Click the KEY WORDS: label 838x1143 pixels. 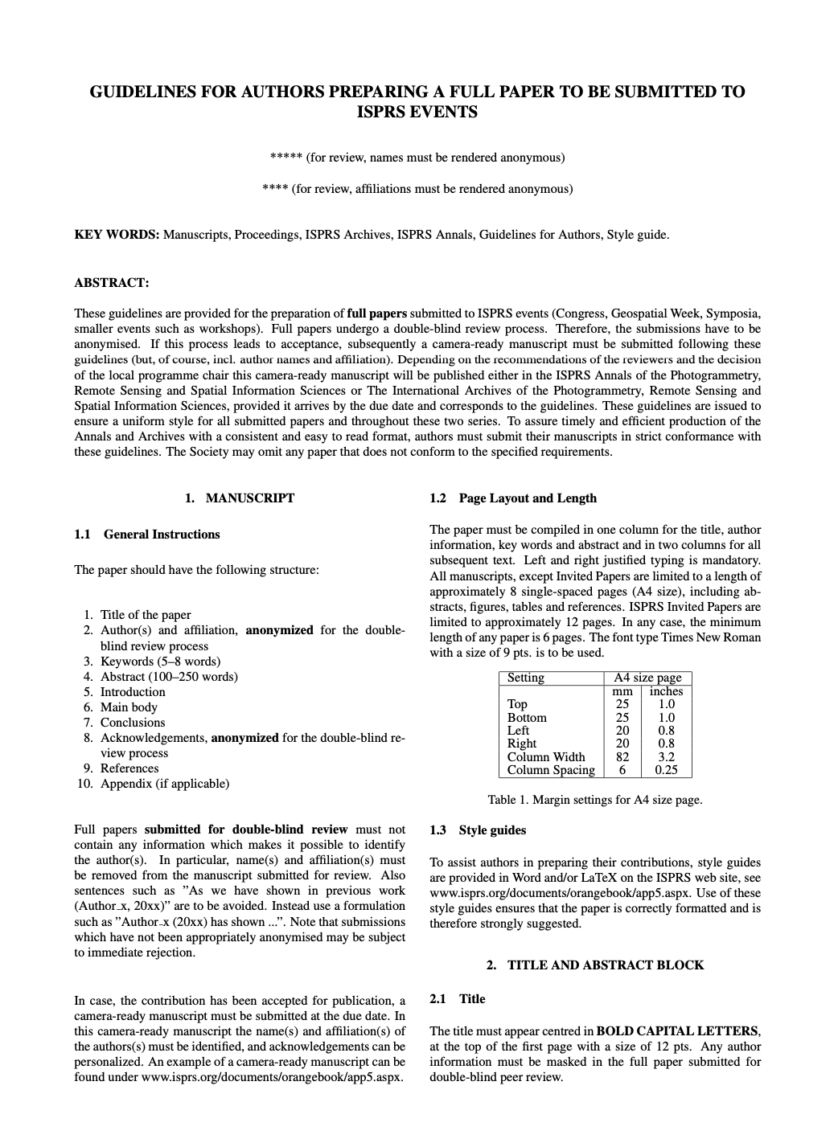117,235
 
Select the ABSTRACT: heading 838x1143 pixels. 112,282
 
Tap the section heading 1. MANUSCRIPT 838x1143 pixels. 240,498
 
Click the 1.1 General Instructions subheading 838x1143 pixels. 147,535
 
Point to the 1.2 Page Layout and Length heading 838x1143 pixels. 513,498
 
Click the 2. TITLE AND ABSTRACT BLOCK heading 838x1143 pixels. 595,965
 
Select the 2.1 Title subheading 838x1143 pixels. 458,999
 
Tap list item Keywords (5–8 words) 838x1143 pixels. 160,662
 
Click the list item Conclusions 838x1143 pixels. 133,723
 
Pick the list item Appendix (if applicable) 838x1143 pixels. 165,784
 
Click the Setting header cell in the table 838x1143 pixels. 526,678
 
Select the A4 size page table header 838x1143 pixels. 647,678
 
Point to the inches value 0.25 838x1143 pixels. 666,770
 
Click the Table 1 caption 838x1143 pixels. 595,800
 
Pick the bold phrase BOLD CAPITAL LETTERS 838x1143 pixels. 677,1030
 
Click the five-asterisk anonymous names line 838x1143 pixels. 418,158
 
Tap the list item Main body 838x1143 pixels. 129,707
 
